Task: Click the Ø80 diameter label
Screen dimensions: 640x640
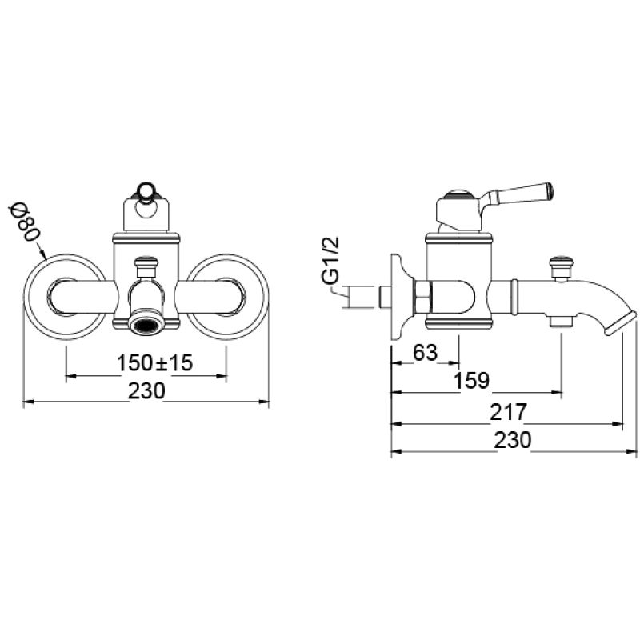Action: pos(25,222)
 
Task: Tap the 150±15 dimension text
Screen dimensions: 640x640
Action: pos(154,362)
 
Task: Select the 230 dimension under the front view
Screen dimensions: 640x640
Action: pos(146,390)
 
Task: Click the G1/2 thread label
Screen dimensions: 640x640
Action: pos(330,262)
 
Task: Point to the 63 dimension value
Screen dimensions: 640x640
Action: pos(425,352)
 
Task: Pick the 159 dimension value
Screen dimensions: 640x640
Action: pos(471,381)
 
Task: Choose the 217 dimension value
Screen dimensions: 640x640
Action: pos(508,412)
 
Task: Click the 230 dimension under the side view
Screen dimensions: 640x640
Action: pos(513,440)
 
